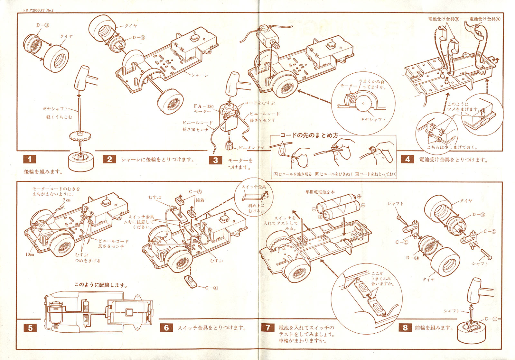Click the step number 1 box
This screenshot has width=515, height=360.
(30, 159)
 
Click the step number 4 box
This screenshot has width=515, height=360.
(407, 159)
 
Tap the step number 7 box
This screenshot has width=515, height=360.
(268, 328)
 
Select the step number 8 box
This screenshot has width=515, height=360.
(405, 328)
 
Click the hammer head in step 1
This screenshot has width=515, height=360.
(81, 78)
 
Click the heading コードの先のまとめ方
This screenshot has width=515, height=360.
(309, 135)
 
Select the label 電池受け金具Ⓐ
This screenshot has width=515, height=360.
(484, 19)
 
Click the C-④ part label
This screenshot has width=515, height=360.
(211, 288)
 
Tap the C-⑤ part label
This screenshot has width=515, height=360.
(195, 192)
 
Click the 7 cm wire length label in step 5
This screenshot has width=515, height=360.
(67, 200)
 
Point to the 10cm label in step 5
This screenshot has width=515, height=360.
(30, 254)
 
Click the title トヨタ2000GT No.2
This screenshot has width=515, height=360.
(38, 10)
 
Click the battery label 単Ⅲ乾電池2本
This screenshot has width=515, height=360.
(320, 192)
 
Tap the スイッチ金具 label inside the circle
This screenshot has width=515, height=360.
(254, 187)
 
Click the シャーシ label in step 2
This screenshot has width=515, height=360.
(200, 75)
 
